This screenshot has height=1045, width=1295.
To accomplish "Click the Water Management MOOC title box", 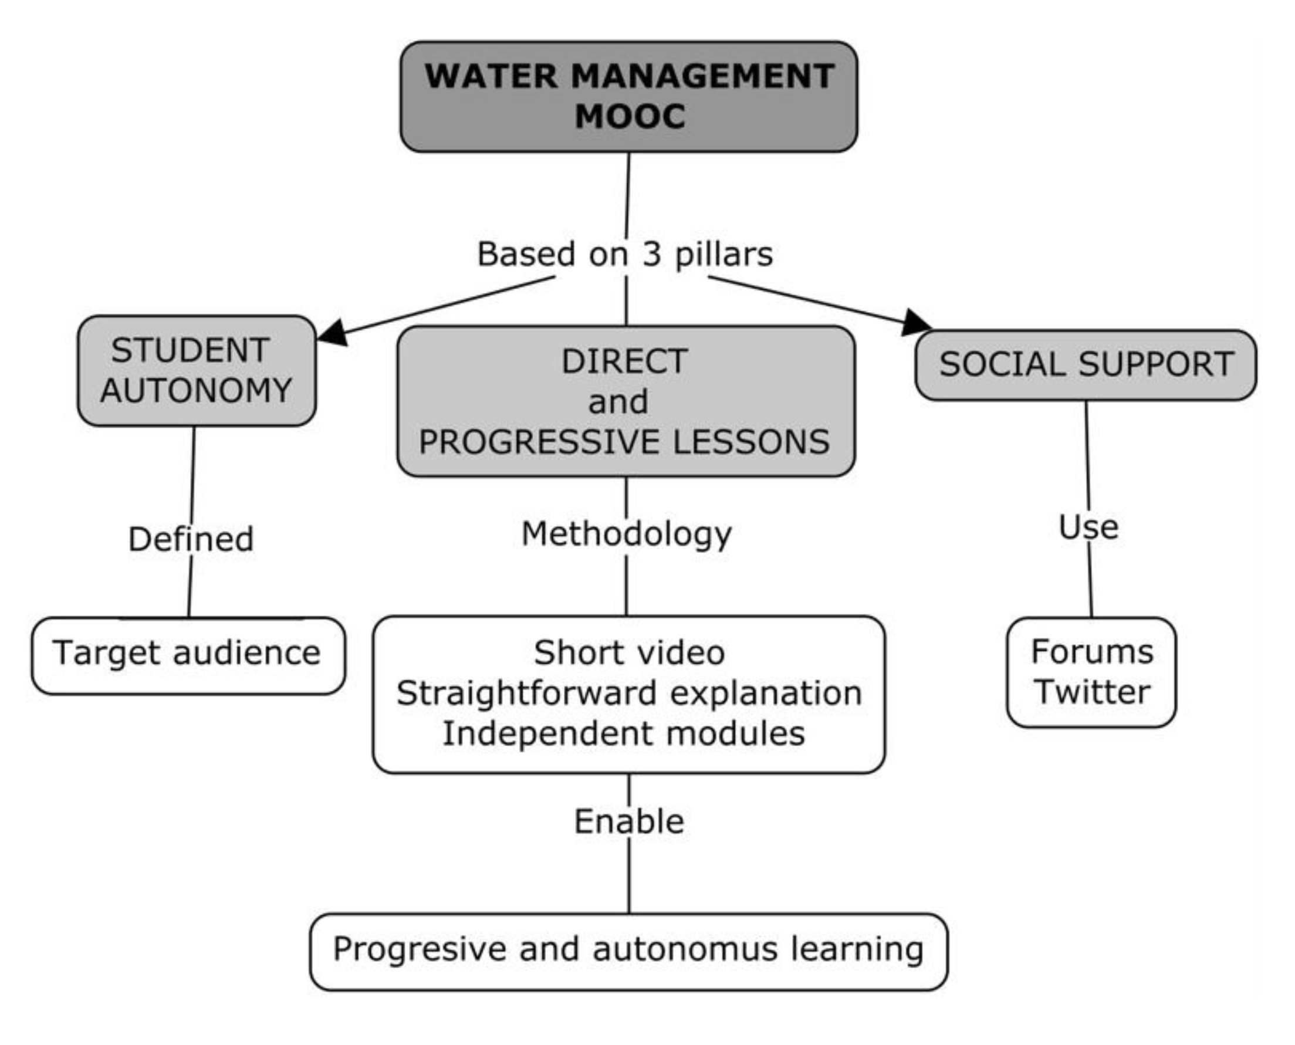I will (x=628, y=96).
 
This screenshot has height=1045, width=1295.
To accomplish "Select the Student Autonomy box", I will (x=196, y=371).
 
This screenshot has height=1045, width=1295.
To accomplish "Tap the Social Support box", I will (x=1086, y=365).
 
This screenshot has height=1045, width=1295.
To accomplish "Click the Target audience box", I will (x=188, y=655).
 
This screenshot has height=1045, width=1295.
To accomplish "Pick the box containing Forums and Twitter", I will (x=1091, y=672).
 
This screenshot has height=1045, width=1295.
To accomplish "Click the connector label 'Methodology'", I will (x=626, y=534).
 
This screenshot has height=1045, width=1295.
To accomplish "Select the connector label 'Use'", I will (x=1088, y=527).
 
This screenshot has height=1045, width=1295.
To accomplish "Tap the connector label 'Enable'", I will (x=629, y=821).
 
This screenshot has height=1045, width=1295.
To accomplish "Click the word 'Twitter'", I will (x=1092, y=692).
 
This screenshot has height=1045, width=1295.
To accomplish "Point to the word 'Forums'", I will (x=1092, y=652).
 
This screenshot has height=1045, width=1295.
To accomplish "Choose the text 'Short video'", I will (x=629, y=653).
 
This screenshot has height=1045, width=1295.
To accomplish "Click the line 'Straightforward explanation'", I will (x=629, y=693).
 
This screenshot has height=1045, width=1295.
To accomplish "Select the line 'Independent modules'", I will (x=624, y=733).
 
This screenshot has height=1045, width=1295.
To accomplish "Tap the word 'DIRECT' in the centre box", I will (x=624, y=362).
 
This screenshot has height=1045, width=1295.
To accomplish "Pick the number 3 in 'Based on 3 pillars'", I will (x=651, y=254).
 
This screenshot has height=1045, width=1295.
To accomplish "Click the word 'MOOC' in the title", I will (x=630, y=116).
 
